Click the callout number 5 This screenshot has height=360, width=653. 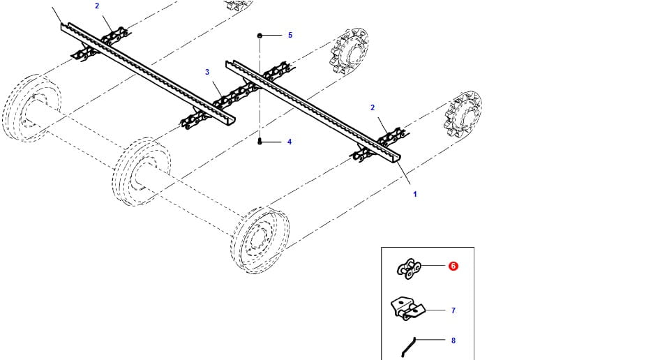click(290, 35)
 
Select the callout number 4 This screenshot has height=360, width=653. click(290, 142)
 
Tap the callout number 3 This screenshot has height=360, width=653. click(207, 72)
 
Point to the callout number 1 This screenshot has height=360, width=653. click(415, 194)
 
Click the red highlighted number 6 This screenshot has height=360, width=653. click(453, 266)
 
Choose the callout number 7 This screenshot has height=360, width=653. click(453, 310)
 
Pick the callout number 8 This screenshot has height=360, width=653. click(453, 340)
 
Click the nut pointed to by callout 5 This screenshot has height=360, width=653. click(260, 36)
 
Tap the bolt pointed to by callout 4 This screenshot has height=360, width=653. click(260, 142)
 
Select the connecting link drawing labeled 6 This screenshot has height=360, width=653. click(409, 269)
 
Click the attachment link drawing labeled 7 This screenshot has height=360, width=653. click(407, 308)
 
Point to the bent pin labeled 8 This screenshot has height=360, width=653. click(408, 347)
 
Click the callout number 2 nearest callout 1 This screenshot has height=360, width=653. click(373, 107)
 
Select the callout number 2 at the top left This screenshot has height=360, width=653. click(97, 6)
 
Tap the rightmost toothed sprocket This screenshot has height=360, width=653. click(463, 114)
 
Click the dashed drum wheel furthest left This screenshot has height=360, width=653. click(31, 108)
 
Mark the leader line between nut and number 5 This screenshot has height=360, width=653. click(272, 36)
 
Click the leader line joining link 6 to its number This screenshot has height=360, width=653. click(433, 265)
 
